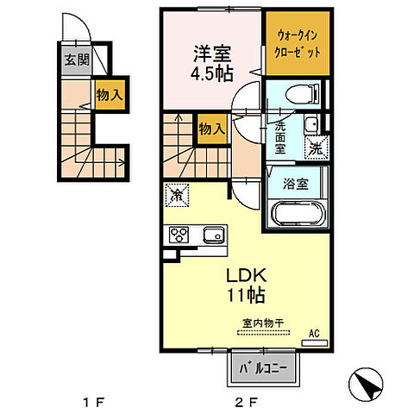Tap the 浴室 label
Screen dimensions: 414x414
296,183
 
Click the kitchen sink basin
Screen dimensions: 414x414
212,235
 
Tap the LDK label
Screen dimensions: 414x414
248,276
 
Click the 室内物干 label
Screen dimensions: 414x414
263,323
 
